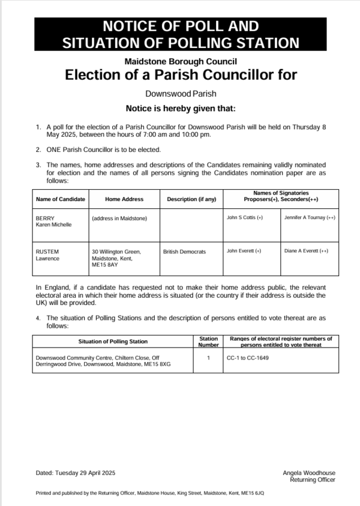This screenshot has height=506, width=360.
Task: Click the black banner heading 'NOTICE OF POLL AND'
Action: (180, 26)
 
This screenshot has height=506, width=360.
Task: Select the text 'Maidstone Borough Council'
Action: (180, 61)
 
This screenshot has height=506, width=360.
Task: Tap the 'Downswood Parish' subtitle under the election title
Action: (180, 94)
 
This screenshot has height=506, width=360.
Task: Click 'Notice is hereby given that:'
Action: (180, 109)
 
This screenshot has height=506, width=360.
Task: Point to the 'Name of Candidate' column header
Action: (60, 199)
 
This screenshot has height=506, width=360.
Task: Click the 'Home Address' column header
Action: (124, 199)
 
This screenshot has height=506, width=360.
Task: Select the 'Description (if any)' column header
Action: (191, 199)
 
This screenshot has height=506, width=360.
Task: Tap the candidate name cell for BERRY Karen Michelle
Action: (54, 221)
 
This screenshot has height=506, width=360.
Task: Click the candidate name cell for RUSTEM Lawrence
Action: (48, 255)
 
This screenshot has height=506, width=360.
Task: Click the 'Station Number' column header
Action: (208, 342)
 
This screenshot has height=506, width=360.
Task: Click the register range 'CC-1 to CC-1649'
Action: (248, 358)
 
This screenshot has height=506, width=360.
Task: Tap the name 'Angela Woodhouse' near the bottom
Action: (308, 473)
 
